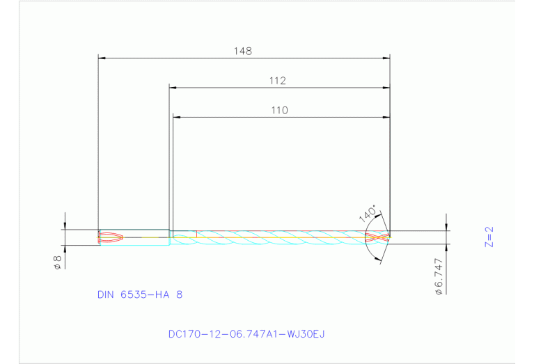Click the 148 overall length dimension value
pos(243,51)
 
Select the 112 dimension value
pos(278,81)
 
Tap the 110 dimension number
pos(280,110)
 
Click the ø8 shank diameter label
pos(58,262)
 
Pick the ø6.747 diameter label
pos(438,277)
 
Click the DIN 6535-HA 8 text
pos(140,294)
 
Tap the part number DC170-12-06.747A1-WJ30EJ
pos(246,334)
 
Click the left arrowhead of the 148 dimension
pos(102,58)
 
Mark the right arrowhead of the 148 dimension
pos(386,58)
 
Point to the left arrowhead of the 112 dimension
pos(173,88)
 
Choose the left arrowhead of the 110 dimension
pos(176,117)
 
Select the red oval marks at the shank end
pos(111,237)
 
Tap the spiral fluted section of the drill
pos(278,237)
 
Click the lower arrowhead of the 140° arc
pos(379,259)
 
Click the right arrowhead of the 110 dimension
pos(386,117)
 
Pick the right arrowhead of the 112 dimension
pos(386,88)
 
